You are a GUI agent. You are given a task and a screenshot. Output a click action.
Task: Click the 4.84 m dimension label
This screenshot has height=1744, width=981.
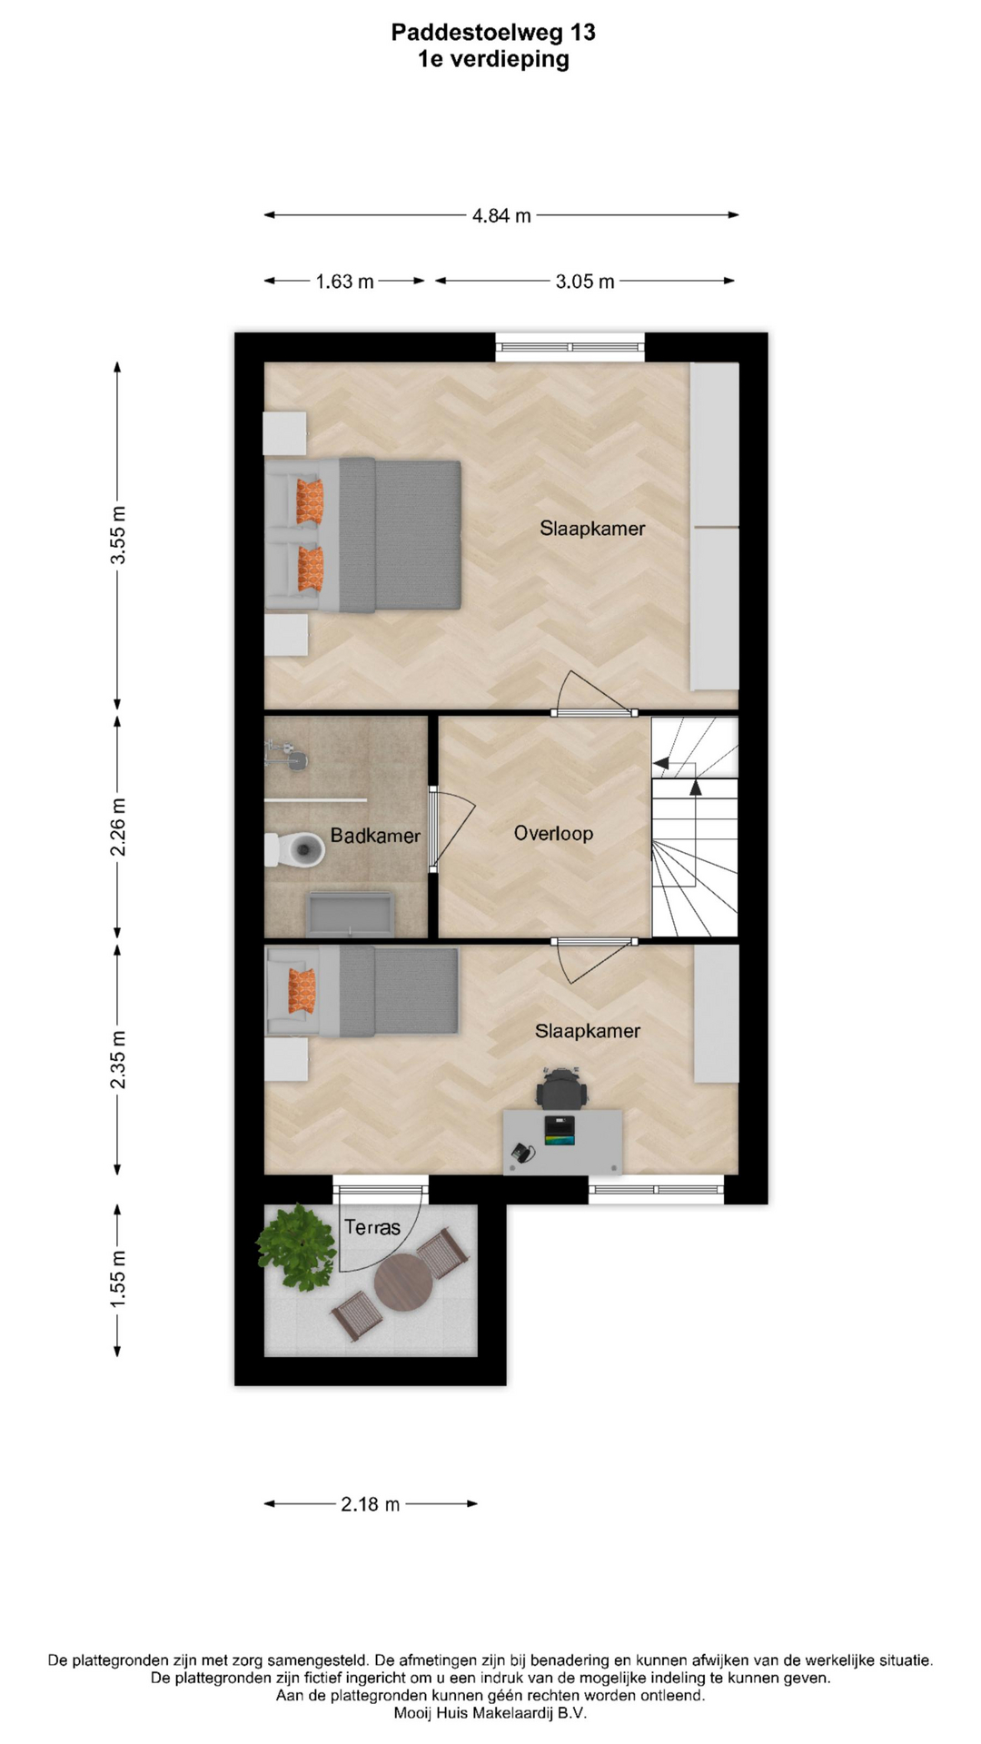(x=501, y=215)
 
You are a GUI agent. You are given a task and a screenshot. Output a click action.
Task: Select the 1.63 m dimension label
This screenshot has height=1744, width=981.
(x=344, y=282)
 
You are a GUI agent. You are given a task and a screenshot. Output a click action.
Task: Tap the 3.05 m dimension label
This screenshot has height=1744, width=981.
(x=585, y=282)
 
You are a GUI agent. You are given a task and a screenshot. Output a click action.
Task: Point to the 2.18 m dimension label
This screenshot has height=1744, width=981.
(x=370, y=1504)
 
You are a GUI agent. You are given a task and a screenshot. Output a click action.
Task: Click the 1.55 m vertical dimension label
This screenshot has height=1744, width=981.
(x=118, y=1280)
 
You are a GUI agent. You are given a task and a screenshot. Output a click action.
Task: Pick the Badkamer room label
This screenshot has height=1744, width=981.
(x=375, y=836)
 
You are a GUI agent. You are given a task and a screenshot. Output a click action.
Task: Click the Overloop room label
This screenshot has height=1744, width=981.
(x=553, y=833)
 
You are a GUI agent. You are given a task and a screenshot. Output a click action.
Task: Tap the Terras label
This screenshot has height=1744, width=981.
(x=372, y=1227)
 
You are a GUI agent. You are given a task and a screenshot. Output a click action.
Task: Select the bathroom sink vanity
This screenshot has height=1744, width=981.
(x=351, y=914)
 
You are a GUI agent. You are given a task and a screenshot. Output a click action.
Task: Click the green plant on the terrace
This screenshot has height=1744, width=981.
(x=295, y=1246)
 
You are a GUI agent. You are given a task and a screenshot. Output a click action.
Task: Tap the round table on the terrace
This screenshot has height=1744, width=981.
(x=403, y=1282)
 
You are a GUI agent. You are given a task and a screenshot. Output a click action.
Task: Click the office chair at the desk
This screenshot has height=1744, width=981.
(x=560, y=1088)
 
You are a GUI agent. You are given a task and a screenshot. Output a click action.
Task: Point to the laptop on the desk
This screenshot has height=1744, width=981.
(x=560, y=1131)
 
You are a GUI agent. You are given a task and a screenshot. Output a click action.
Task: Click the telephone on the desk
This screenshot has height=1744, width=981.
(x=522, y=1153)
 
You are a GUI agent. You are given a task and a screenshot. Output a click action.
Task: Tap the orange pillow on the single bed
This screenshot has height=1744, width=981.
(x=302, y=991)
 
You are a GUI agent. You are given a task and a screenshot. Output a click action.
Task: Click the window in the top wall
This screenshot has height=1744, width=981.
(x=570, y=347)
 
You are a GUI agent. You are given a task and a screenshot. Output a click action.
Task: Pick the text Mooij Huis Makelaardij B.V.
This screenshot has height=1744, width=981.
(x=490, y=1713)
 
